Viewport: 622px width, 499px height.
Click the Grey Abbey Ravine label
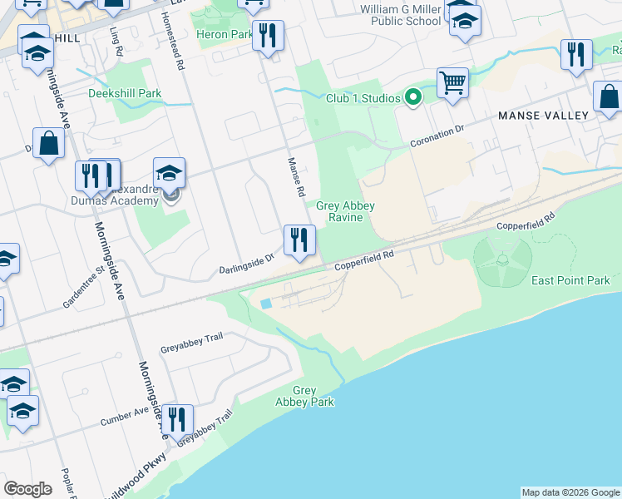(345, 211)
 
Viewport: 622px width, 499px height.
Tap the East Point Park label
(570, 280)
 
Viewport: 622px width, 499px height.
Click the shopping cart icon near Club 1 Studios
(452, 83)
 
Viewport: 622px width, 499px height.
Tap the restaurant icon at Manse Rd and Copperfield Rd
(299, 240)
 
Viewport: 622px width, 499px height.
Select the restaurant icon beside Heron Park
(268, 36)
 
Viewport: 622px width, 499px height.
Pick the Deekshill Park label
(125, 93)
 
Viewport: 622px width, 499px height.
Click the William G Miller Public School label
(399, 14)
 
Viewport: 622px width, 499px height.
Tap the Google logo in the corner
(27, 489)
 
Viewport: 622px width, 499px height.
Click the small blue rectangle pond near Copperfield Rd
(265, 304)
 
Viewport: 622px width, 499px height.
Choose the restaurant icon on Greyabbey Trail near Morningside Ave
(177, 420)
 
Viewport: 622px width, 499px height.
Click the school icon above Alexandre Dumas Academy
(170, 173)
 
